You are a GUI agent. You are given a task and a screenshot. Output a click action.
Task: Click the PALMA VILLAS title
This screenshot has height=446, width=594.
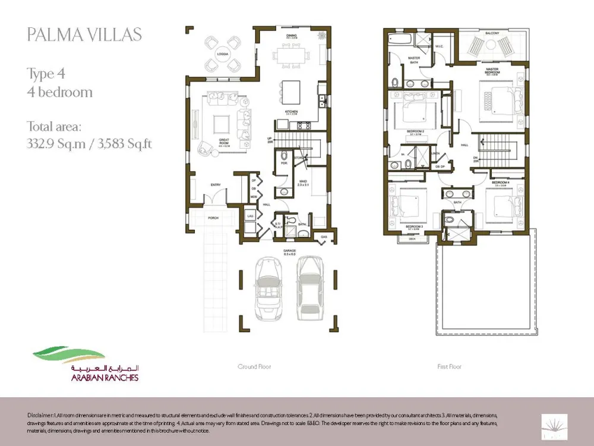84,34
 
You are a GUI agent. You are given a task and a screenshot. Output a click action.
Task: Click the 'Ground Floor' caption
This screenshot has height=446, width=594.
254,367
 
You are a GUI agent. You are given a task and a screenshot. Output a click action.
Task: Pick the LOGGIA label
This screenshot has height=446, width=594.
223,54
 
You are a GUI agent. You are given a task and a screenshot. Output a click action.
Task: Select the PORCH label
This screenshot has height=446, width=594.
213,218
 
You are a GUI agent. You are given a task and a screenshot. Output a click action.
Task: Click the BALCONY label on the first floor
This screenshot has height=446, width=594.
491,33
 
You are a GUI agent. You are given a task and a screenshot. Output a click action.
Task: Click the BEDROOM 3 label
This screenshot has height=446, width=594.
414,227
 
